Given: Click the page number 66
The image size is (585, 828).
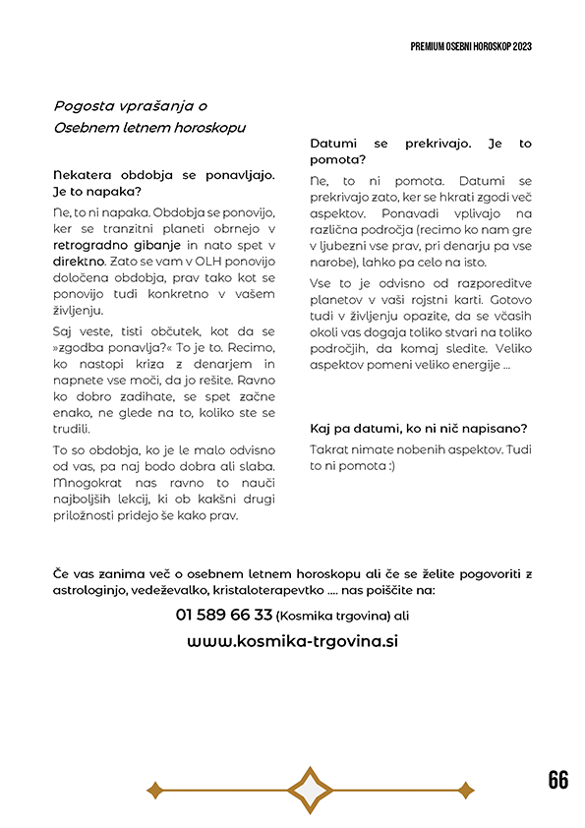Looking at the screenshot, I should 557,780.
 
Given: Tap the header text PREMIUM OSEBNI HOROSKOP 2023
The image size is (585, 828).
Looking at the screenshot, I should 471,46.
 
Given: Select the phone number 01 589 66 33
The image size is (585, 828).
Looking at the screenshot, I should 224,615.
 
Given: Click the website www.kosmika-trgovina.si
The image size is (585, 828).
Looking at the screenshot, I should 292,640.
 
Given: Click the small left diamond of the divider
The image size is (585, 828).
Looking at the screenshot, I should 154,789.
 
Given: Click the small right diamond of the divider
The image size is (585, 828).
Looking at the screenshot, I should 466,789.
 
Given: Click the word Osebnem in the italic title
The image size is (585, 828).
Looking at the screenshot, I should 86,128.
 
